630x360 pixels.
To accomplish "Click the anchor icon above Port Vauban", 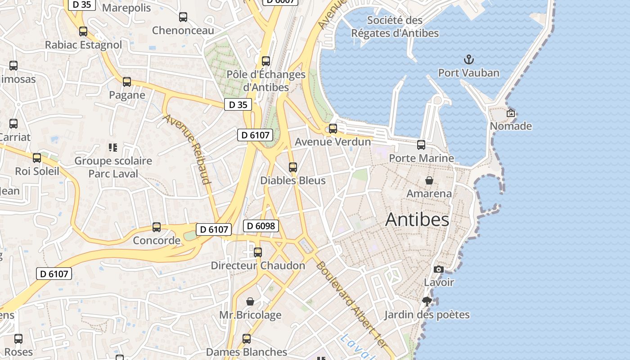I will pyautogui.click(x=469, y=59).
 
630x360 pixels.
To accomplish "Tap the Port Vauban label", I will pyautogui.click(x=469, y=73).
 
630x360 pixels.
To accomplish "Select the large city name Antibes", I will pyautogui.click(x=417, y=220).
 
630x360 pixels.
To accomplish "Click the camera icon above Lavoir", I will pyautogui.click(x=438, y=269).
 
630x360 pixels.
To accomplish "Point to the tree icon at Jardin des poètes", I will pyautogui.click(x=427, y=301).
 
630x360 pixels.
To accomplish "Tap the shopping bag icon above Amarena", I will pyautogui.click(x=429, y=180).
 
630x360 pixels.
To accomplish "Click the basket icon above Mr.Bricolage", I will pyautogui.click(x=250, y=301).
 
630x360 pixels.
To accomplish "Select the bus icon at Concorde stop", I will pyautogui.click(x=157, y=227).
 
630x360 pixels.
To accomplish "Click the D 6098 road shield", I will pyautogui.click(x=261, y=226).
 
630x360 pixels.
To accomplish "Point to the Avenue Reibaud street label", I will pyautogui.click(x=187, y=149).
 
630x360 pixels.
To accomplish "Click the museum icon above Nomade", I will pyautogui.click(x=511, y=113).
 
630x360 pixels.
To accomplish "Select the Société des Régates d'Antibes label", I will pyautogui.click(x=395, y=27).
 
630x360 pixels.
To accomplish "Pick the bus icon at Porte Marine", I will pyautogui.click(x=421, y=145).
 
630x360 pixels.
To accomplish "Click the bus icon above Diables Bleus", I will pyautogui.click(x=293, y=167).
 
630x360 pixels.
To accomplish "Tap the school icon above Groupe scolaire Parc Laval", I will pyautogui.click(x=113, y=147).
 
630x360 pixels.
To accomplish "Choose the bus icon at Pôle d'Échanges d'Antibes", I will pyautogui.click(x=266, y=61).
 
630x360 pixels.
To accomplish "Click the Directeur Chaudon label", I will pyautogui.click(x=258, y=265).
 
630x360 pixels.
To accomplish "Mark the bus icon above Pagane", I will pyautogui.click(x=127, y=82).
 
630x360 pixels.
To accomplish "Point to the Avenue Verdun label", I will pyautogui.click(x=333, y=142).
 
